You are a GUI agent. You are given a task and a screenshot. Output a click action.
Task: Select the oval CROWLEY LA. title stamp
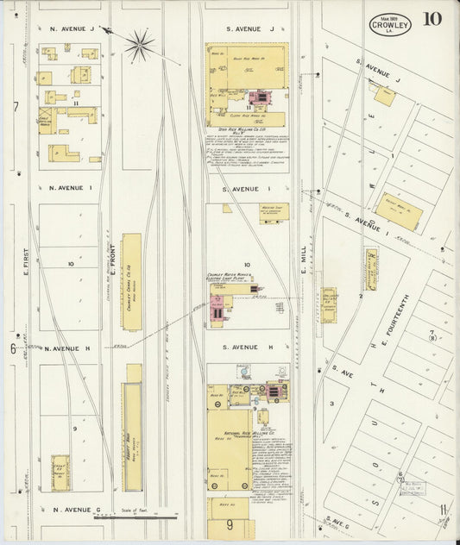(391, 23)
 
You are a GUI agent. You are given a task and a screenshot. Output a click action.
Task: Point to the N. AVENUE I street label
(70, 187)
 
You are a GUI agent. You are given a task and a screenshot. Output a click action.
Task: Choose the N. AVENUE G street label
(70, 510)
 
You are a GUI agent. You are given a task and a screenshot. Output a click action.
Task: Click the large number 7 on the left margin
(15, 108)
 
